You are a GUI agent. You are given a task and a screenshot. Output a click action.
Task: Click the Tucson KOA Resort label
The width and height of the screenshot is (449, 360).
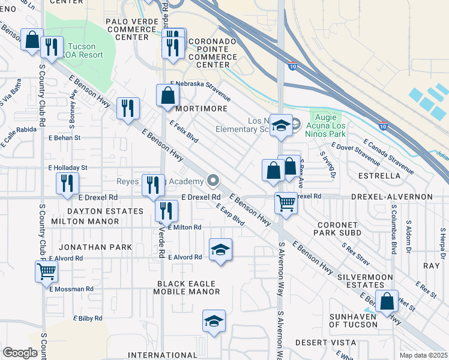(x=85, y=50)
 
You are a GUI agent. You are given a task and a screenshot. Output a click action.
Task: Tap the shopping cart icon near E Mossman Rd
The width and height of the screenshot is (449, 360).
(x=46, y=271)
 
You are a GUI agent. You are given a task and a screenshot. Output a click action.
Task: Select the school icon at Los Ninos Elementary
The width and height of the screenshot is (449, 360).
(x=281, y=125)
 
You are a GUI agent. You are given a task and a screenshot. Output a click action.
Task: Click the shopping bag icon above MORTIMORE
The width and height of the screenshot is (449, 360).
(x=167, y=95)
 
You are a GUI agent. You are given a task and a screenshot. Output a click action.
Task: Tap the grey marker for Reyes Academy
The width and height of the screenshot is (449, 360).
(x=212, y=181)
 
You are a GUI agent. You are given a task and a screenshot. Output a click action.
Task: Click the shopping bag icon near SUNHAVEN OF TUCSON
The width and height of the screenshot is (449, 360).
(x=388, y=301)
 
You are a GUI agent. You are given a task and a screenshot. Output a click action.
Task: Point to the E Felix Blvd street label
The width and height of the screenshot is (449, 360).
(x=184, y=131)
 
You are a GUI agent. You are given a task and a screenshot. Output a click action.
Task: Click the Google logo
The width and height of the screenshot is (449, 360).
(x=20, y=353)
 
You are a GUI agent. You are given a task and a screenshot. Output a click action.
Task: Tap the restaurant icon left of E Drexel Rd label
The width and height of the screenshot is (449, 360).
(x=67, y=184)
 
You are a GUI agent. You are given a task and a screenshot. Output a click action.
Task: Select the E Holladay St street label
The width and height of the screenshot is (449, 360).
(x=67, y=167)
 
